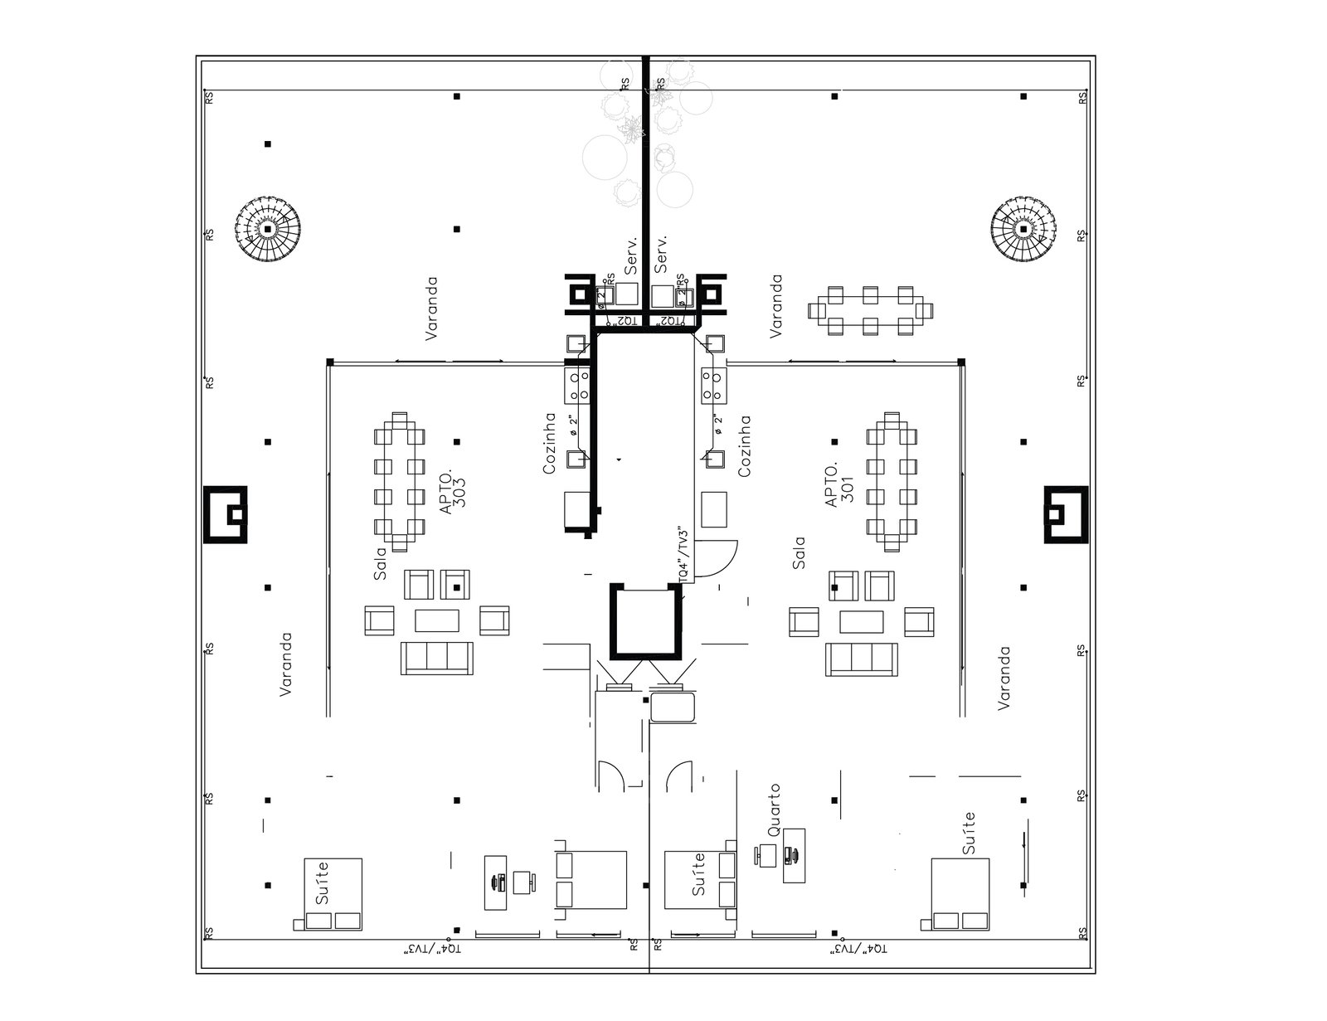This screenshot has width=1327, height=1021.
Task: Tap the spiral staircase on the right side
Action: pos(1024,228)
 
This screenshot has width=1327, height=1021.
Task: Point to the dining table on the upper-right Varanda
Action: pos(870,310)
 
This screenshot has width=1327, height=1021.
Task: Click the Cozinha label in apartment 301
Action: pos(744,445)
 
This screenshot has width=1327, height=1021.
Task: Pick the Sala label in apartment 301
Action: pos(799,553)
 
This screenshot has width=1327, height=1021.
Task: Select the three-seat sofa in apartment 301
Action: pos(862,659)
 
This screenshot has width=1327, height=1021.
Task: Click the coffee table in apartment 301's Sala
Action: pos(862,621)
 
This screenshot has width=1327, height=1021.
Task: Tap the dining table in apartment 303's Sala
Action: pos(399,481)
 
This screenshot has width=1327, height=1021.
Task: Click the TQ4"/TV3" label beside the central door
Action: pos(683,553)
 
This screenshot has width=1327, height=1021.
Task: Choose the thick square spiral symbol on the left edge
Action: pos(226,514)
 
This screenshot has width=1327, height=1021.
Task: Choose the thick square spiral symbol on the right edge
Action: pos(1065,514)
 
